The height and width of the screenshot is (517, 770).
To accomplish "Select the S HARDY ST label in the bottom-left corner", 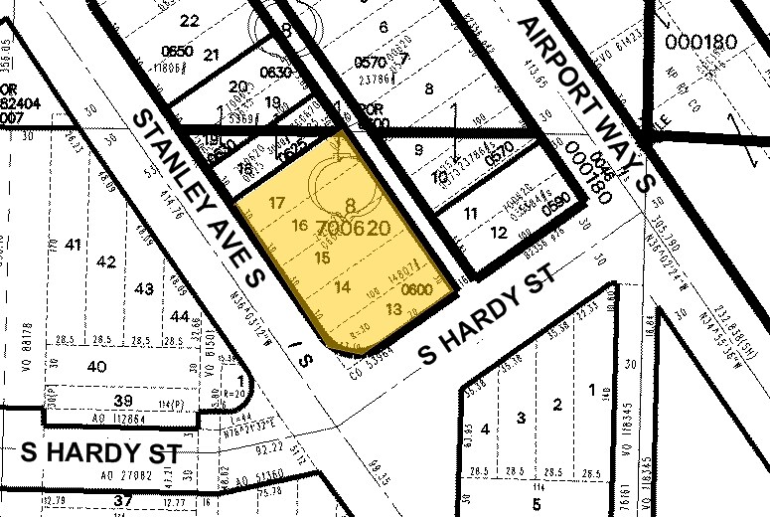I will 100,452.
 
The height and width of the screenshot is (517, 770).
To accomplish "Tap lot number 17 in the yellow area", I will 277,203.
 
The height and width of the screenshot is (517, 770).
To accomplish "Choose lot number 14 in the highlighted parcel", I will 343,287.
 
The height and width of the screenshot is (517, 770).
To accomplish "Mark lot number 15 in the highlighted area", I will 321,258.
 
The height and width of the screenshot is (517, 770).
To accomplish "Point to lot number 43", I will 144,288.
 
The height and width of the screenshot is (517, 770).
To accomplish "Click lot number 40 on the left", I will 96,366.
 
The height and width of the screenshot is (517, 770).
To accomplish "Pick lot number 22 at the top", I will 190,20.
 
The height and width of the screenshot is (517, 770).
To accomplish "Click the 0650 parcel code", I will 177,51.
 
